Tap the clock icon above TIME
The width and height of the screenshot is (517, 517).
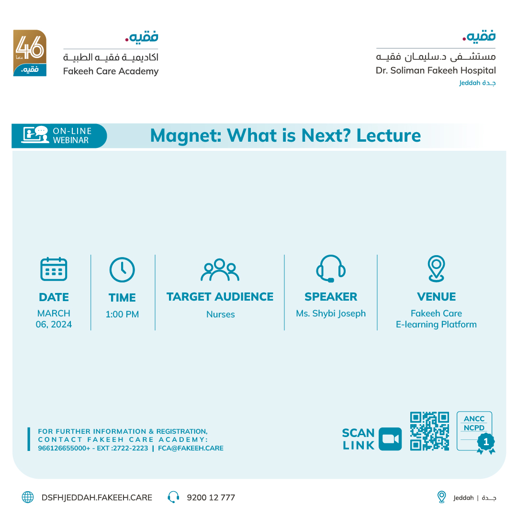[x=122, y=270]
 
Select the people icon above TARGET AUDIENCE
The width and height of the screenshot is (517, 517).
[x=220, y=270]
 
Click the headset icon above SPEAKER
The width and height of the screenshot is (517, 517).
[x=331, y=269]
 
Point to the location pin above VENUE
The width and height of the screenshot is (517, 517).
[x=436, y=269]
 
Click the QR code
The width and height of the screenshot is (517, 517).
[x=429, y=431]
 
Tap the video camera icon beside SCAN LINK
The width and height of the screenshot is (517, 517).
[x=390, y=439]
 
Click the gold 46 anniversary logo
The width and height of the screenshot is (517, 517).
[x=30, y=53]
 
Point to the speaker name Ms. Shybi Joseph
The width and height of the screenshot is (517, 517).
[x=331, y=314]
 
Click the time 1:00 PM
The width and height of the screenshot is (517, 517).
[x=122, y=315]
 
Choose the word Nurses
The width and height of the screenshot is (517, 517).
[x=220, y=315]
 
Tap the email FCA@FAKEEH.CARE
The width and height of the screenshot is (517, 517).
[x=191, y=449]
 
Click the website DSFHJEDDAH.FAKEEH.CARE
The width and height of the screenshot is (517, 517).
[x=97, y=497]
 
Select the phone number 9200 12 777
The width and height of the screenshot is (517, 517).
[x=211, y=497]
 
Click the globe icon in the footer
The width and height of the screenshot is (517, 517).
[x=28, y=497]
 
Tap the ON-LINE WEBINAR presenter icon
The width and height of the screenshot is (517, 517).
[x=35, y=135]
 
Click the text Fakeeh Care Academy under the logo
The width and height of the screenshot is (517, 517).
[x=111, y=71]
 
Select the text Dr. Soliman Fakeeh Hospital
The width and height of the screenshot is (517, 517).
[x=436, y=70]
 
